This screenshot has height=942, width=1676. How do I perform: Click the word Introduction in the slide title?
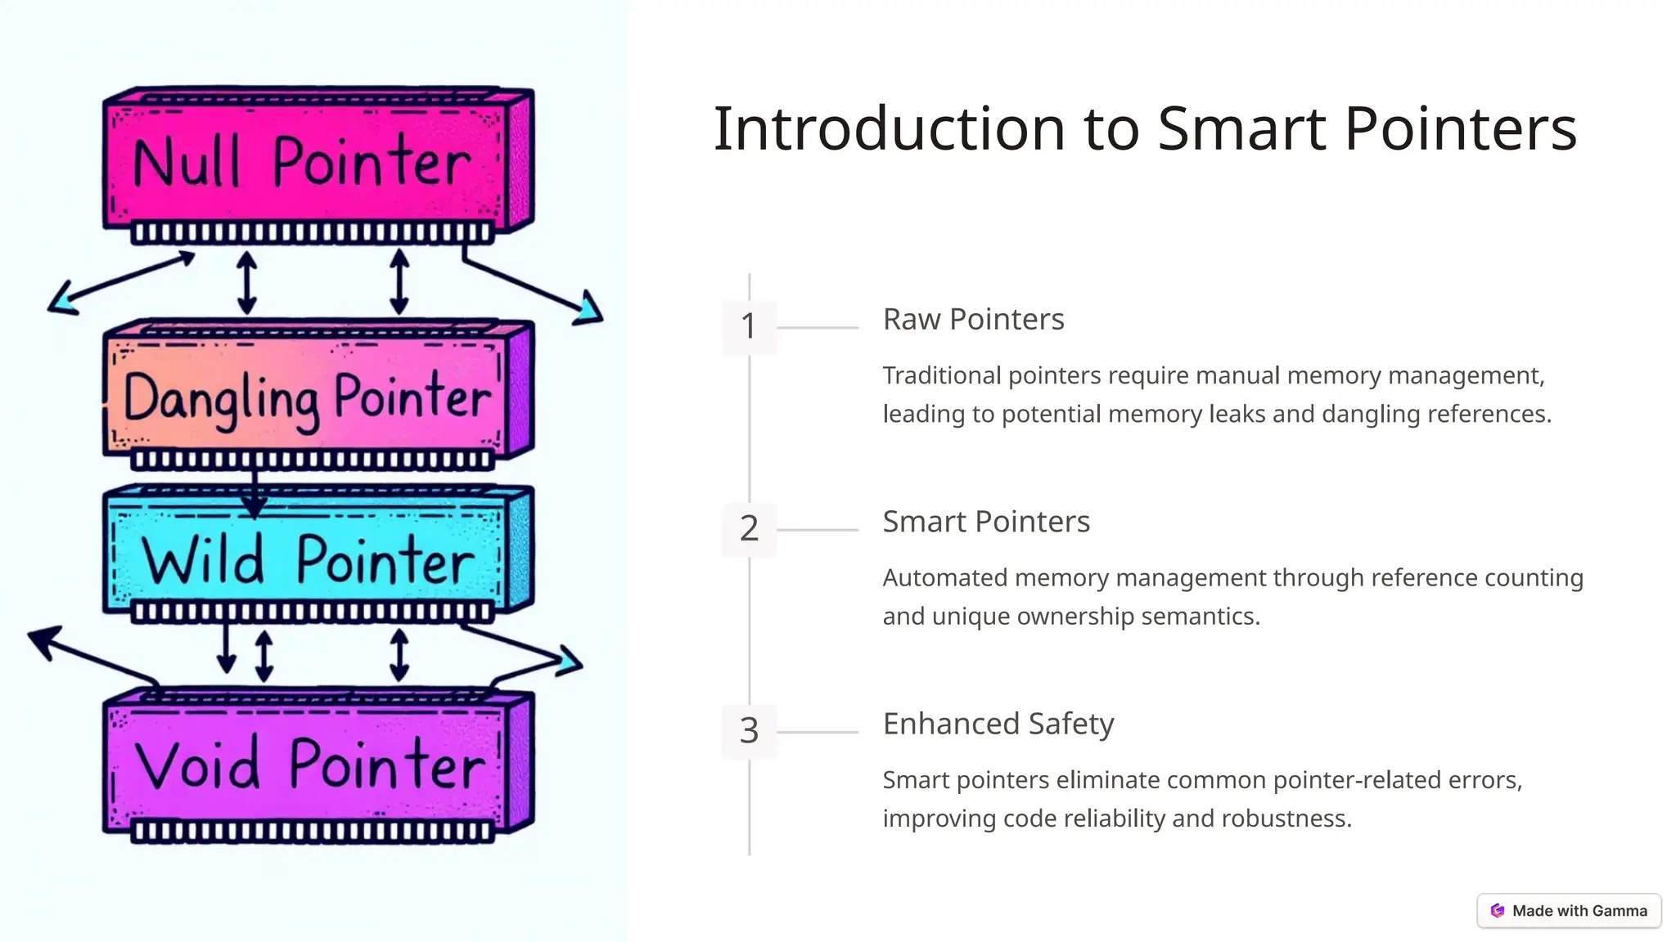tap(889, 129)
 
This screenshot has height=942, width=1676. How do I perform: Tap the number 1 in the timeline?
tap(748, 326)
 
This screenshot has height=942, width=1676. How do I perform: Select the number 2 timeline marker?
tap(748, 528)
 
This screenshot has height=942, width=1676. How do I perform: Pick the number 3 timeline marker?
tap(748, 730)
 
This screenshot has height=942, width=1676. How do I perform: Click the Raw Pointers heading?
tap(973, 320)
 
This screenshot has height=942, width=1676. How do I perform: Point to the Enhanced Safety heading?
tap(998, 724)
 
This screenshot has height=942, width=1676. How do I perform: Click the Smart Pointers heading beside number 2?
tap(985, 522)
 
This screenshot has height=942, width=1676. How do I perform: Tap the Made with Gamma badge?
tap(1569, 911)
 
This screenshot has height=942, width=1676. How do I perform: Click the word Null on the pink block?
tap(187, 163)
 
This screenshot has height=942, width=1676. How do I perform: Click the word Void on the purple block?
tap(197, 765)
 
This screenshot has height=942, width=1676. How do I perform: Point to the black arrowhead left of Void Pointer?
tap(45, 640)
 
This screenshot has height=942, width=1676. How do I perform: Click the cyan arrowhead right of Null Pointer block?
tap(589, 310)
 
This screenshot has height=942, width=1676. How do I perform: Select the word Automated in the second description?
tap(945, 578)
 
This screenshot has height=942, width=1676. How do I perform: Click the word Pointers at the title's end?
tap(1460, 129)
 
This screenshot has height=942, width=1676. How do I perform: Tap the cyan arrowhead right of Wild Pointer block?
tap(570, 661)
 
